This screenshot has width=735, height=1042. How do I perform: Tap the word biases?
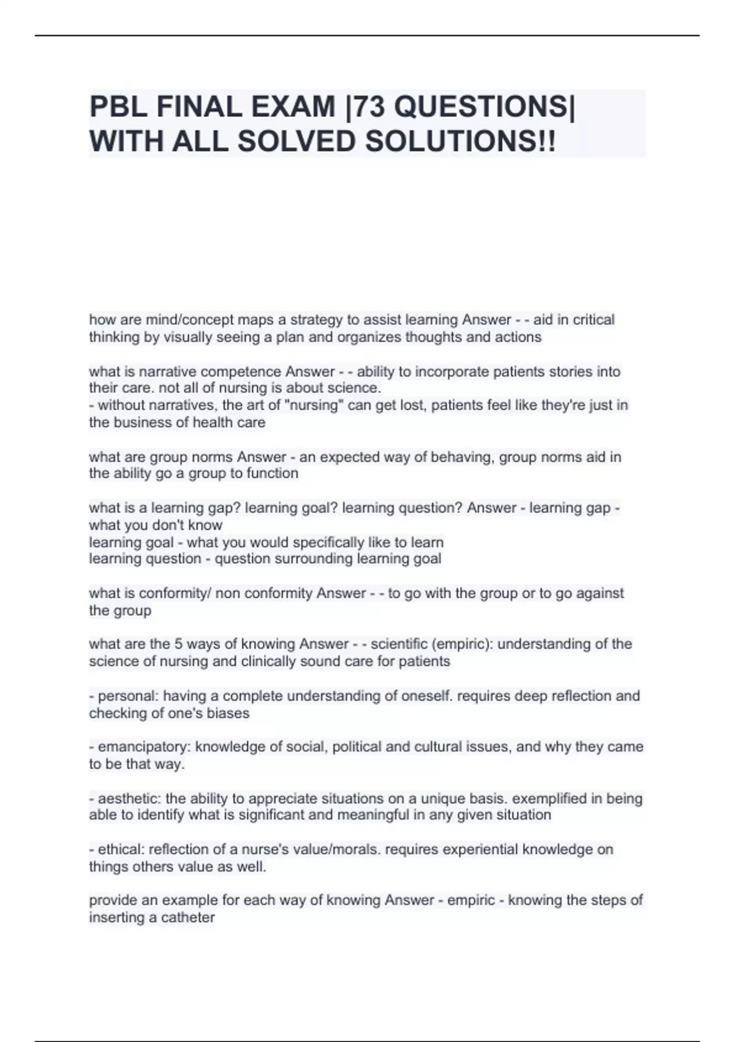(229, 713)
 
